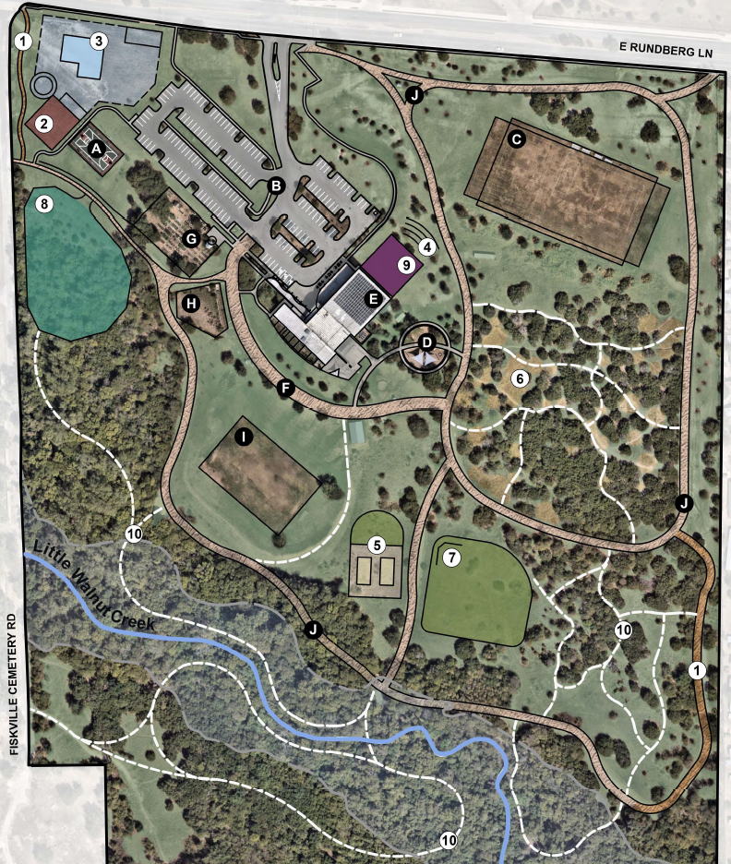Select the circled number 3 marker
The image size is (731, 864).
point(98,41)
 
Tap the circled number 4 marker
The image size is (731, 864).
point(426,246)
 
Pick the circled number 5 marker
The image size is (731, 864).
point(377,545)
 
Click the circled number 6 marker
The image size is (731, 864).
point(520,378)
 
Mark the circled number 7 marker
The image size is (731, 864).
point(451,558)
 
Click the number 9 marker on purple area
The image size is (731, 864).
point(404,263)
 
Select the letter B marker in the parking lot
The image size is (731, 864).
point(274,186)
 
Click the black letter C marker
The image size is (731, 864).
point(517,139)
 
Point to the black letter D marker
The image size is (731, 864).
point(426,342)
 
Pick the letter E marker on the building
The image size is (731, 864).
point(373,297)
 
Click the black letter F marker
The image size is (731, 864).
point(286,390)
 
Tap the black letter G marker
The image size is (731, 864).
point(191,239)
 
